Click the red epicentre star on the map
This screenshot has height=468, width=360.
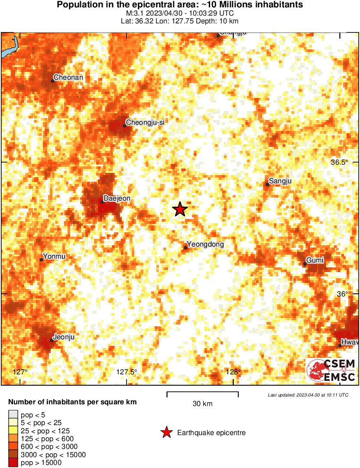click(180, 209)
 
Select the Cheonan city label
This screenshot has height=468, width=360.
click(68, 78)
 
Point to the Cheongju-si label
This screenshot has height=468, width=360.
click(145, 122)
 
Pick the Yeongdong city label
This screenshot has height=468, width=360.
click(205, 244)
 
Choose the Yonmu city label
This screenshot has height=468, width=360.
click(54, 257)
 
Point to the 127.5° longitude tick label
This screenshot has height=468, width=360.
click(127, 372)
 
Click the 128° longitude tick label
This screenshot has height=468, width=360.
click(234, 372)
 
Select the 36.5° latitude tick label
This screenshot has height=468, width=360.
click(339, 162)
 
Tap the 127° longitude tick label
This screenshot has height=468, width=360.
click(20, 372)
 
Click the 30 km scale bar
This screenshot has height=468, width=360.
click(202, 394)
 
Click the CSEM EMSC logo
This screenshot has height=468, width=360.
click(331, 371)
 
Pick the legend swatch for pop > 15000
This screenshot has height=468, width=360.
click(13, 463)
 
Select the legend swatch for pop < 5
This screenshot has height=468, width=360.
click(13, 414)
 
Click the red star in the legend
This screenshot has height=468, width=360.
click(166, 432)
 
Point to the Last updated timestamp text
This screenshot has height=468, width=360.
click(308, 395)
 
